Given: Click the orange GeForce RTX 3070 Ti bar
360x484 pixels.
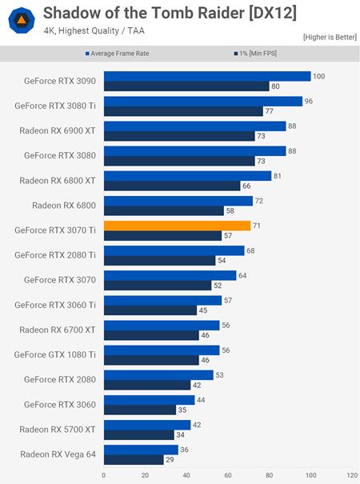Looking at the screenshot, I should (177, 226).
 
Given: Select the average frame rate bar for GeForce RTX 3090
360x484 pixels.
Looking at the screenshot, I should (206, 76).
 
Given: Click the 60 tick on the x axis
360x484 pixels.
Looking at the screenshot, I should (228, 475).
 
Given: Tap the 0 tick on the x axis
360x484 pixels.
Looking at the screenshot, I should (104, 475).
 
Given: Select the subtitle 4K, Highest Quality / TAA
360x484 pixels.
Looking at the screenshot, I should (90, 32).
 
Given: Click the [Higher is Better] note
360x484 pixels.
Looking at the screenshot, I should (329, 37).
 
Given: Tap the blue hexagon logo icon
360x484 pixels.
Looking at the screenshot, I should (21, 21).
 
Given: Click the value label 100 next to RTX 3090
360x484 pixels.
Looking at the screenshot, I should (319, 76).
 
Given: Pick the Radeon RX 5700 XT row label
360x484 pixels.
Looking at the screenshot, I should (58, 429).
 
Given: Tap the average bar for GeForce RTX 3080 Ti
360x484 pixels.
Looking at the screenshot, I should (202, 101).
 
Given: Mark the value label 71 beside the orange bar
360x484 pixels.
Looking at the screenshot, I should (258, 226).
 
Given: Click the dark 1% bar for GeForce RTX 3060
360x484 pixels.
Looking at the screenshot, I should (139, 410).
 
